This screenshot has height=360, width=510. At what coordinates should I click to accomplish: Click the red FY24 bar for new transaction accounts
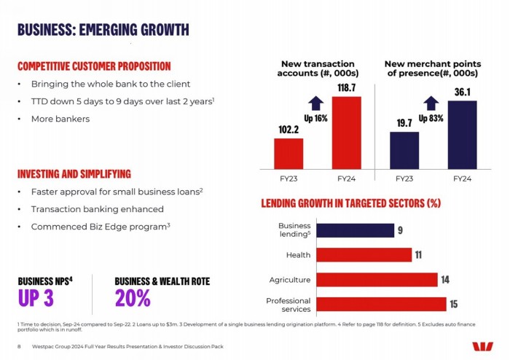click(x=346, y=133)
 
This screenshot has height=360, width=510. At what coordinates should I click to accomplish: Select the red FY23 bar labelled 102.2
click(x=289, y=153)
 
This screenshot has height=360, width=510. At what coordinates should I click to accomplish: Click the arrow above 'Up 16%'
click(x=315, y=103)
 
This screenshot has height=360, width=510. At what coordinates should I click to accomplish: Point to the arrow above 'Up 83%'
click(x=431, y=103)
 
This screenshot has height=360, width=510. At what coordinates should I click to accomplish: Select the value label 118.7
click(x=347, y=87)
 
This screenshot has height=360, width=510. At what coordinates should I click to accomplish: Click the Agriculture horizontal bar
click(x=376, y=280)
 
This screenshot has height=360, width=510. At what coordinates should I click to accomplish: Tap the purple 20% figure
click(x=133, y=299)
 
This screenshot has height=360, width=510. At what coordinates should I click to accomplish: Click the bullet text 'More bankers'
click(x=60, y=119)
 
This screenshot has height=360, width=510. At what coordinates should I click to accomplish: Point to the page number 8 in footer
click(x=19, y=346)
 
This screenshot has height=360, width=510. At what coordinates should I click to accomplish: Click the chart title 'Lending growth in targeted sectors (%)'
click(x=350, y=203)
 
